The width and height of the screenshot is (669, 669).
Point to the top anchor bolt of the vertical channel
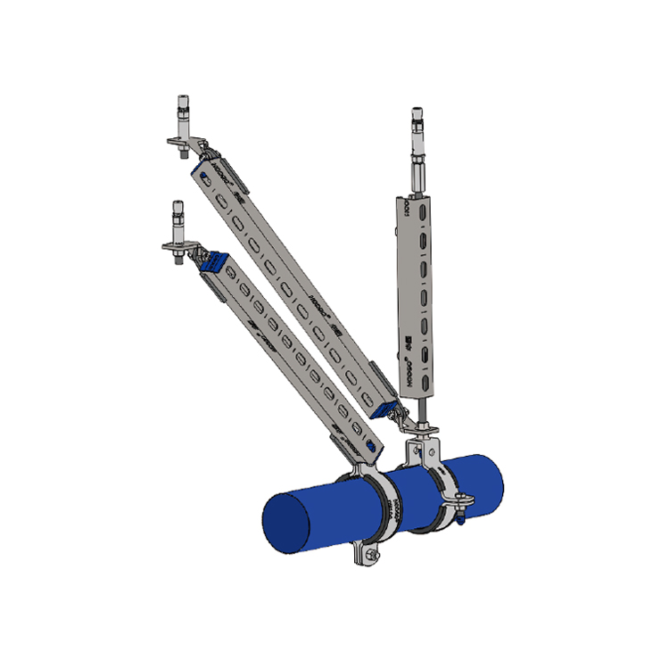[416, 120]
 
